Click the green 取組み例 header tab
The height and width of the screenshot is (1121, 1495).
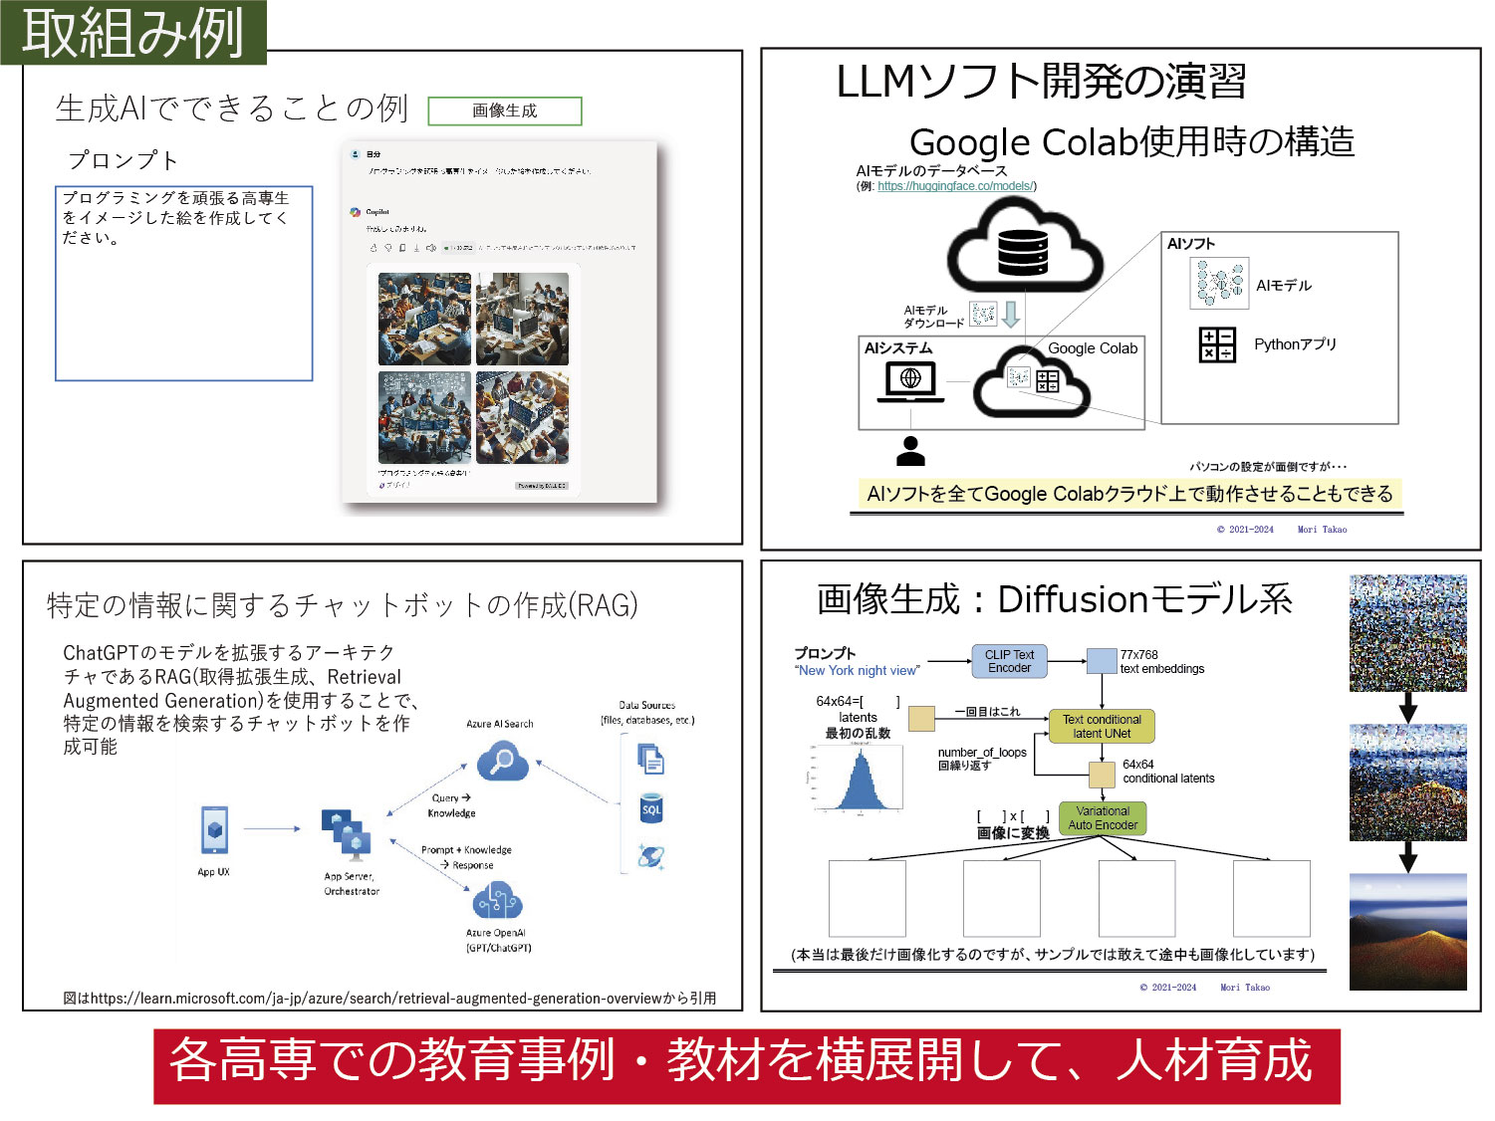click(132, 32)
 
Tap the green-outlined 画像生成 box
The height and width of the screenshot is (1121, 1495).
click(504, 111)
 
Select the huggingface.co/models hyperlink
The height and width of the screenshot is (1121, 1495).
click(955, 186)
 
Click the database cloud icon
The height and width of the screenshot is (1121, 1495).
click(1023, 249)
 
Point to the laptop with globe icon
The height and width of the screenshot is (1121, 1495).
click(910, 381)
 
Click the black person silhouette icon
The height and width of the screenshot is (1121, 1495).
click(910, 451)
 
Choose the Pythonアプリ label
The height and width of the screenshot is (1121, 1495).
click(1295, 344)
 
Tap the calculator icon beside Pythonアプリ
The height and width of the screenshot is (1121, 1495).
click(1217, 344)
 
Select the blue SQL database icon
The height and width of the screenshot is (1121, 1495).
click(651, 808)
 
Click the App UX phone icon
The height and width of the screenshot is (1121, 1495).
click(214, 829)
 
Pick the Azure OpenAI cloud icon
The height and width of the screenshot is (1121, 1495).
click(497, 902)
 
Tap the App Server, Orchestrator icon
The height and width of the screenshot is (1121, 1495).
click(347, 834)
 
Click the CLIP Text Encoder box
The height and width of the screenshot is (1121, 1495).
click(1009, 662)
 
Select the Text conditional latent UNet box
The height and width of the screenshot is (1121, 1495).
click(1102, 727)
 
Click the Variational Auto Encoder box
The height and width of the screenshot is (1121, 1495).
click(1103, 818)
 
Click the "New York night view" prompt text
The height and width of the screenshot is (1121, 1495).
click(858, 671)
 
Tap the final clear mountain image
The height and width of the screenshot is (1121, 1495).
click(1407, 931)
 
